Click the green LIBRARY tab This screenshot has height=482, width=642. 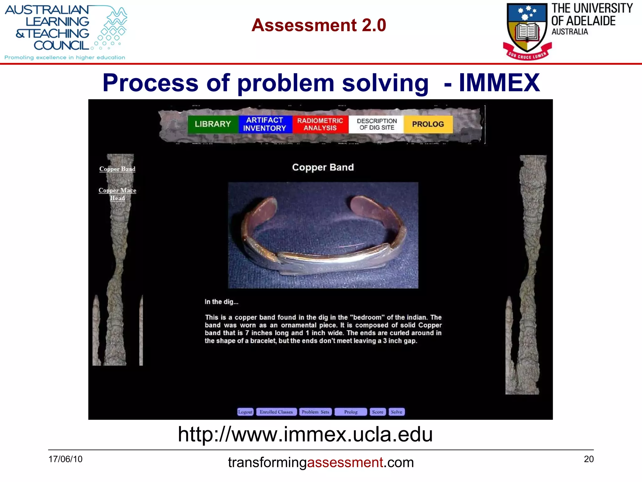213,124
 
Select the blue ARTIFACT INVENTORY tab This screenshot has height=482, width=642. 265,124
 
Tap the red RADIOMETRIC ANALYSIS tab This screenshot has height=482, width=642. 320,124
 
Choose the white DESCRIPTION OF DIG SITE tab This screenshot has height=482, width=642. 376,124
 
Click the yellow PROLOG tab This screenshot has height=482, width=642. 428,124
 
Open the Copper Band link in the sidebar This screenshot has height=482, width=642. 117,169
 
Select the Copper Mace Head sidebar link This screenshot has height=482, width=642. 117,194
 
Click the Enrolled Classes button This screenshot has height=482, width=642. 276,412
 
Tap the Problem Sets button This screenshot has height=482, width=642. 315,412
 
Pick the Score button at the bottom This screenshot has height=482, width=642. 378,412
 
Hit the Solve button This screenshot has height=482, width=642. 397,412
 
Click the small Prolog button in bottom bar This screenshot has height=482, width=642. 351,412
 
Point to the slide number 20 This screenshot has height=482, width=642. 589,459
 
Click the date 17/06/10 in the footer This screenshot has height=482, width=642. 65,459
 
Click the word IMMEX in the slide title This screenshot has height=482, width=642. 499,83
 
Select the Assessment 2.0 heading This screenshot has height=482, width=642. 318,25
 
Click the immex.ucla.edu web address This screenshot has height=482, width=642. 305,434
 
